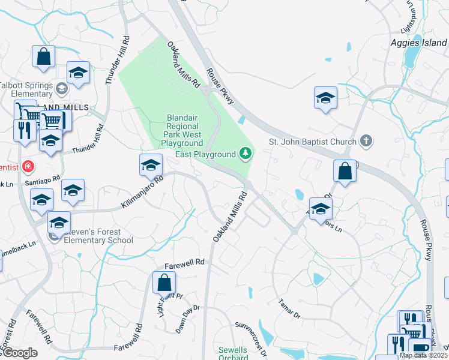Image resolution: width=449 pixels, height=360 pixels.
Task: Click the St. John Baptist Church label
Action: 313,142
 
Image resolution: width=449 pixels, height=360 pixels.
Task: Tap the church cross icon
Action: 366,142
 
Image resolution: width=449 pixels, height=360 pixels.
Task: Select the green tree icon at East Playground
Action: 245,154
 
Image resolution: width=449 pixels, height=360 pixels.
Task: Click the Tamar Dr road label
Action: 290,308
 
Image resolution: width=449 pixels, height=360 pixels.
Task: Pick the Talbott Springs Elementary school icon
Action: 61,89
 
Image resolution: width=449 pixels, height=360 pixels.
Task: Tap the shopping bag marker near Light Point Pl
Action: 164,282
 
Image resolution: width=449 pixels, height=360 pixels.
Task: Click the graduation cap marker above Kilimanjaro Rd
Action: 151,165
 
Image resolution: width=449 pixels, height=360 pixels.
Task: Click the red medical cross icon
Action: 28,166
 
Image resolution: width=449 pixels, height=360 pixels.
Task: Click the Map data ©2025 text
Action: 423,355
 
